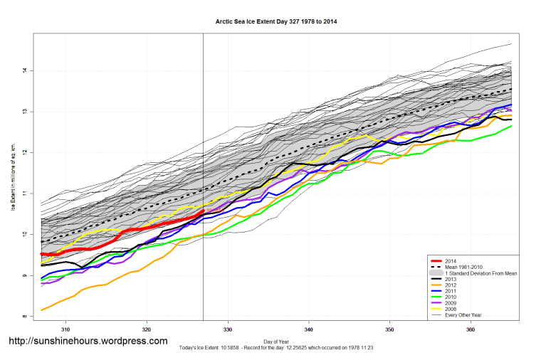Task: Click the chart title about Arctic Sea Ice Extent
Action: [x=276, y=22]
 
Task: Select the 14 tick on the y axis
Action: [x=24, y=70]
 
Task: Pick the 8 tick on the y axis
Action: [x=24, y=317]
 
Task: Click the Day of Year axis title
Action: [x=276, y=341]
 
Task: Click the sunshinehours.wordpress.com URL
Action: [x=88, y=341]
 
